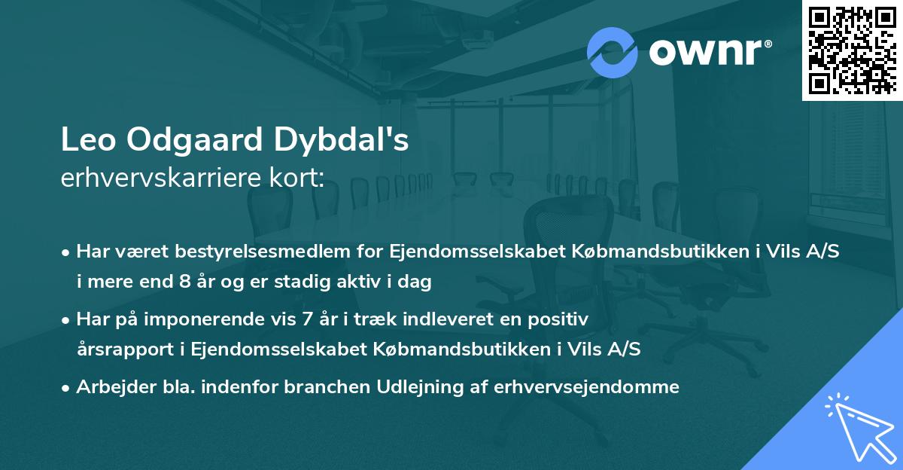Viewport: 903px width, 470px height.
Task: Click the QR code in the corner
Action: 852,50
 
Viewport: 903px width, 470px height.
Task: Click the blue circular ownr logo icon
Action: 613,52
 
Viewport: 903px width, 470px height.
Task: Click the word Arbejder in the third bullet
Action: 111,387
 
